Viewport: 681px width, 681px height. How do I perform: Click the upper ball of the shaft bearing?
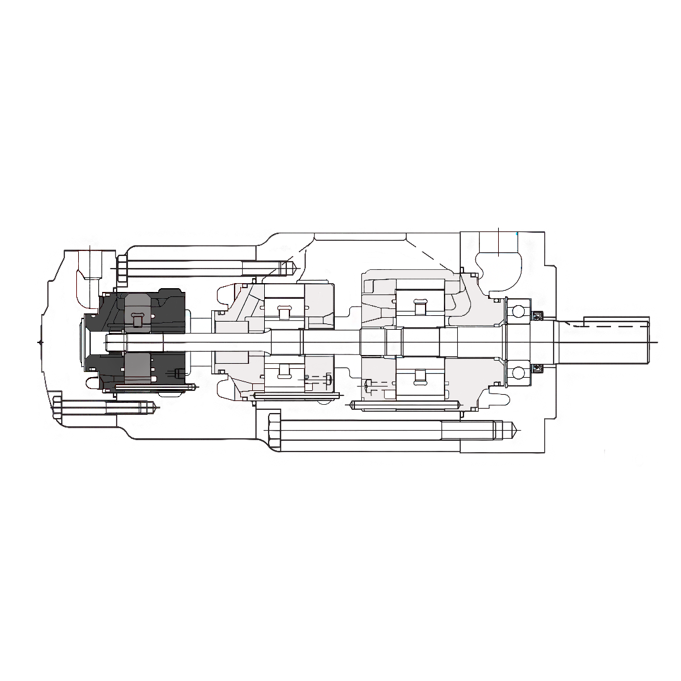pyautogui.click(x=518, y=311)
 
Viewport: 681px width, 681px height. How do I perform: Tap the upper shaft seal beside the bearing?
pyautogui.click(x=537, y=316)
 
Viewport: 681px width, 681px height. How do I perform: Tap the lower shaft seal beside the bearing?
pyautogui.click(x=537, y=367)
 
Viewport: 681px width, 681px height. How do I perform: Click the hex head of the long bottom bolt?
pyautogui.click(x=274, y=431)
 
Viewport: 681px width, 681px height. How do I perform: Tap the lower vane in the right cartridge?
pyautogui.click(x=419, y=378)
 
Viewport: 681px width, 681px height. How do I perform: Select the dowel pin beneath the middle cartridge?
pyautogui.click(x=296, y=396)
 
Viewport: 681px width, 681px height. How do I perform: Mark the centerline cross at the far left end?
pyautogui.click(x=40, y=342)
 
